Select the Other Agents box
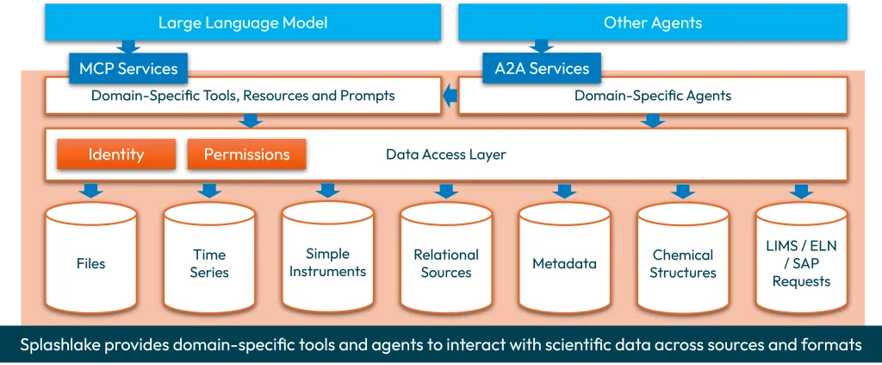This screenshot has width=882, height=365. point(652,22)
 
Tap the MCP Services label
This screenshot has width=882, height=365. point(128,69)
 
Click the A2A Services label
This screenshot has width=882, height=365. point(542,69)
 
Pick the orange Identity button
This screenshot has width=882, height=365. point(116,154)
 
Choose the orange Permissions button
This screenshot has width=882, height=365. point(246,154)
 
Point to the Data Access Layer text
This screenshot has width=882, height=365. point(446,155)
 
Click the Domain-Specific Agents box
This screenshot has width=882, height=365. point(652,96)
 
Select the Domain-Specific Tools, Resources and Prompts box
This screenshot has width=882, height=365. point(242,96)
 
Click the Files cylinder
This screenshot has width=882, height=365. point(90,262)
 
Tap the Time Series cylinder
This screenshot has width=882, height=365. point(209,262)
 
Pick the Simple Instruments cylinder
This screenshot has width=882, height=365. point(327,262)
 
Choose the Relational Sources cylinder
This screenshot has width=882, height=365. point(446,262)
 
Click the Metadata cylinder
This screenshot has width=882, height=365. point(564,262)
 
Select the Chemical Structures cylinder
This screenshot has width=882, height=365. point(683,262)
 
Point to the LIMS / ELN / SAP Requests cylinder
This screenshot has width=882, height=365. point(801,262)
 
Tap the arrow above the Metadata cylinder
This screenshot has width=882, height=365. point(564,190)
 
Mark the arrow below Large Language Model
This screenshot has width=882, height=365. point(127,47)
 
